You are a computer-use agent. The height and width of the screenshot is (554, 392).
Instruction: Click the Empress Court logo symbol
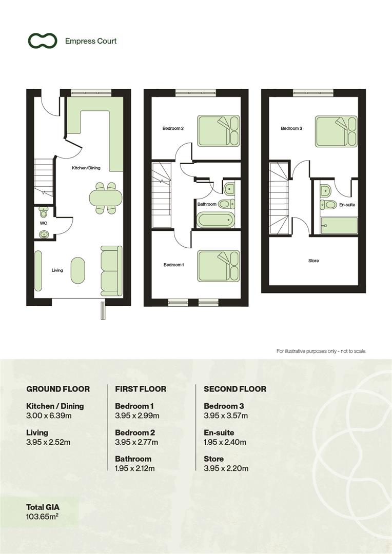tap(42, 41)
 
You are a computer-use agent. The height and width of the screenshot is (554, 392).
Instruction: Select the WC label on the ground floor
tap(44, 224)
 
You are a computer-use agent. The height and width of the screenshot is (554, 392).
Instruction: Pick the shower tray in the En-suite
tap(339, 226)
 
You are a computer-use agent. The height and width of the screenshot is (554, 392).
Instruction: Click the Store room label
tap(313, 261)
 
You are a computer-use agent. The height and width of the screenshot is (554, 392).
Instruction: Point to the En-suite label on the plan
tap(347, 205)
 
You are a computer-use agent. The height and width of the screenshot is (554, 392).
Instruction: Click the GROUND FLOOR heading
tap(58, 389)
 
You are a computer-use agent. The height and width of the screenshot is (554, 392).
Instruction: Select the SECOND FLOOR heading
tap(235, 389)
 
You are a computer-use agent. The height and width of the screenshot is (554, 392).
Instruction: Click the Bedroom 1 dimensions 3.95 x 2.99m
tap(137, 415)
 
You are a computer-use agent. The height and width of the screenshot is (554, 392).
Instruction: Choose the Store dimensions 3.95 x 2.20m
tap(226, 468)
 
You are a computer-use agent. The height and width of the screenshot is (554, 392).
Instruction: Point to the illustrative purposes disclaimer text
tap(321, 351)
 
